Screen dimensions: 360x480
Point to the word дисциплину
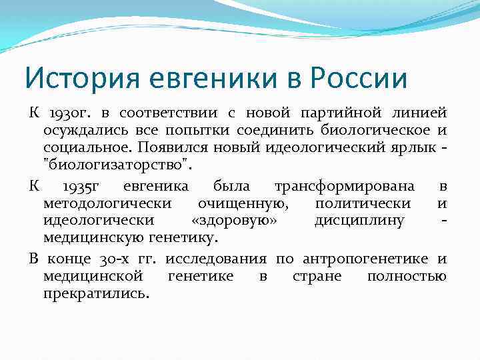point(359,221)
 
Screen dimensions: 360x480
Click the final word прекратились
point(96,293)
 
